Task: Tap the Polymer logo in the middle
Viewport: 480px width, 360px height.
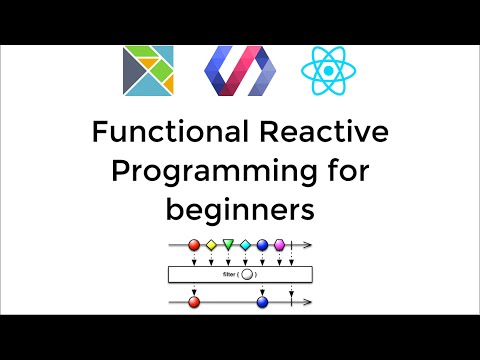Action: pyautogui.click(x=238, y=70)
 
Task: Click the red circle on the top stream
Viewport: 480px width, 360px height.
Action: pyautogui.click(x=194, y=244)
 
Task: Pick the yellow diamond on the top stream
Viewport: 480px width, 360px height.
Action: pyautogui.click(x=211, y=244)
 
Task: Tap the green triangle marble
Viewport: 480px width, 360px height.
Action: pyautogui.click(x=228, y=244)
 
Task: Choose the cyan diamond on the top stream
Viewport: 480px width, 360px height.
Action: pyautogui.click(x=245, y=244)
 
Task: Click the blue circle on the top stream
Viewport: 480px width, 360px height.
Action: pyautogui.click(x=262, y=244)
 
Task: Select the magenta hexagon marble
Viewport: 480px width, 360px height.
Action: pyautogui.click(x=279, y=244)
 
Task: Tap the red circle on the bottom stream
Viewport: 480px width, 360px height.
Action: pyautogui.click(x=194, y=299)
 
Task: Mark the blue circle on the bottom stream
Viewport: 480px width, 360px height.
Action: pyautogui.click(x=262, y=299)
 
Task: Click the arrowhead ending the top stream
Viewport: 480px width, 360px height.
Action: pyautogui.click(x=310, y=244)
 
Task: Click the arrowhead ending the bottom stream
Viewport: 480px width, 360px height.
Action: pyautogui.click(x=310, y=299)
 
